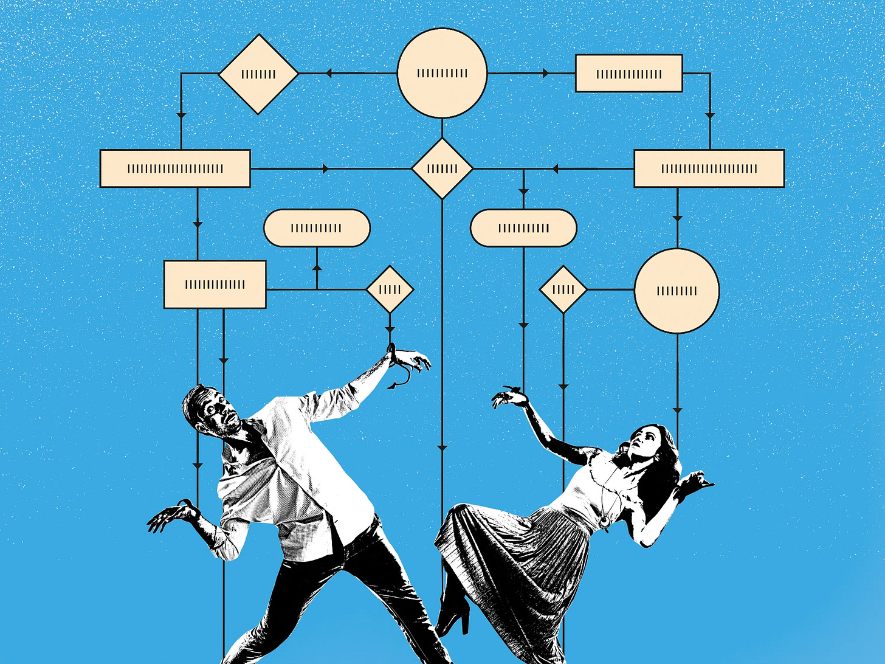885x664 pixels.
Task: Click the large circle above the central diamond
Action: tap(442, 73)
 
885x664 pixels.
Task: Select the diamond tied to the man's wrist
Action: tap(390, 289)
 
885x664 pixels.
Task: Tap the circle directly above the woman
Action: tap(677, 291)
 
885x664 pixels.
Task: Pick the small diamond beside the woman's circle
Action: tap(563, 289)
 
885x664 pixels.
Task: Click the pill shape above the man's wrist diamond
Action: tap(317, 228)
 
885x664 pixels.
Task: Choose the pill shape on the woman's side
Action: tap(523, 228)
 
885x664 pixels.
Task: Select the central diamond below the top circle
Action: tap(442, 168)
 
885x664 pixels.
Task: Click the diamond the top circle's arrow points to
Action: tap(258, 74)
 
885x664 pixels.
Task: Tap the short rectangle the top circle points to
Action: tap(628, 74)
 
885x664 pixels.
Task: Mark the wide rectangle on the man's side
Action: tap(175, 168)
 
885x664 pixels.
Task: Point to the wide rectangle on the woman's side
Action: tap(709, 168)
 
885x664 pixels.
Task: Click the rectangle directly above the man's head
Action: tap(215, 284)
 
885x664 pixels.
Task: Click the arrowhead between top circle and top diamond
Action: tap(329, 74)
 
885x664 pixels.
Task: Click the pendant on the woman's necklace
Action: tap(604, 521)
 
